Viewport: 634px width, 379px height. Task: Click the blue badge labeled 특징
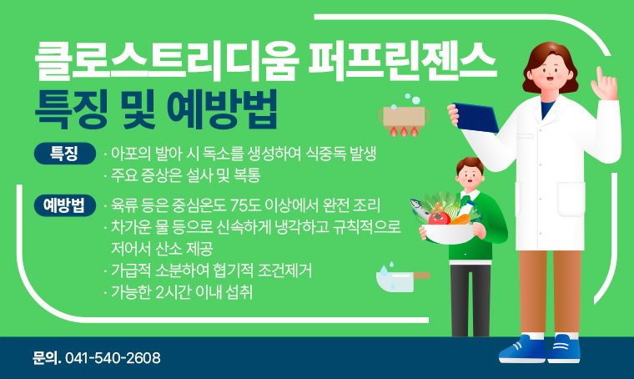pyautogui.click(x=64, y=154)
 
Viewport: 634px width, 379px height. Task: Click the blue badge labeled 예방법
pyautogui.click(x=64, y=205)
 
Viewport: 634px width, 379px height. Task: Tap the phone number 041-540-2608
pyautogui.click(x=113, y=358)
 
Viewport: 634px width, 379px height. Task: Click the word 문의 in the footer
pyautogui.click(x=45, y=358)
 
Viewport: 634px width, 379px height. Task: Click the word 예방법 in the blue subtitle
pyautogui.click(x=223, y=108)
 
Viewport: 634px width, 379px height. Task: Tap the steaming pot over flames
pyautogui.click(x=403, y=118)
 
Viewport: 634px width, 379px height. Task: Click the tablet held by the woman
pyautogui.click(x=475, y=114)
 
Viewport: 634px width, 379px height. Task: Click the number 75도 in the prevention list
pyautogui.click(x=243, y=205)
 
